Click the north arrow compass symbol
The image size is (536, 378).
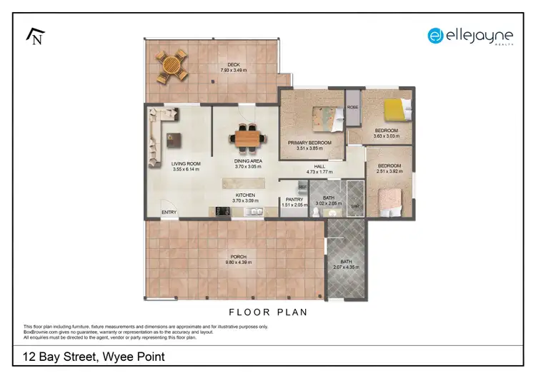click(x=34, y=36)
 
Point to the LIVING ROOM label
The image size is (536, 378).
click(x=186, y=163)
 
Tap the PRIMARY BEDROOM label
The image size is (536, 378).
click(x=309, y=143)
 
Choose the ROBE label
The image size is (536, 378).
click(x=352, y=107)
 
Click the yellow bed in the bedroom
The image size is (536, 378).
click(x=395, y=109)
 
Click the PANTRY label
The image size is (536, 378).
click(x=294, y=199)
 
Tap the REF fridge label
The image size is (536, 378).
click(x=302, y=187)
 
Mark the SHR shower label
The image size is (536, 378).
click(x=355, y=206)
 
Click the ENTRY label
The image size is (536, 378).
click(x=169, y=212)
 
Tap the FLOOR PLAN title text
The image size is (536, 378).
click(x=267, y=312)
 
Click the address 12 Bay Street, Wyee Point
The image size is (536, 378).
click(x=93, y=356)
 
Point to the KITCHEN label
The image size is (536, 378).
click(x=247, y=195)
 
